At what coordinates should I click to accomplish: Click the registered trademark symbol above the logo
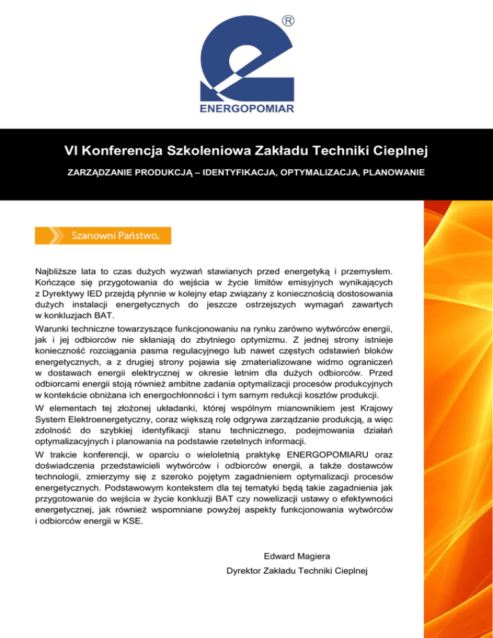289,21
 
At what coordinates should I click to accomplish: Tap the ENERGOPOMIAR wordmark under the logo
246,110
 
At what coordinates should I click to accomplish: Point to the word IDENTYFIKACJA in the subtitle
219,173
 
